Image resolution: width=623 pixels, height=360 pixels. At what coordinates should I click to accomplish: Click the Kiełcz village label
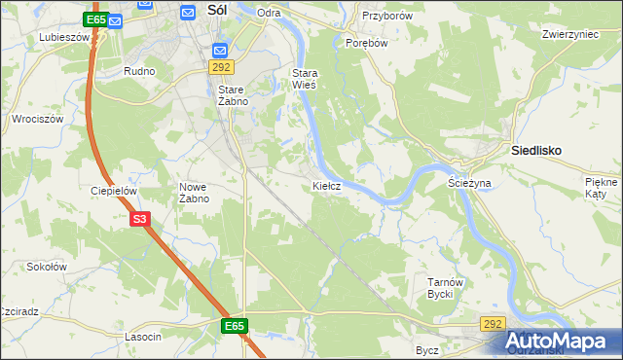click(326, 185)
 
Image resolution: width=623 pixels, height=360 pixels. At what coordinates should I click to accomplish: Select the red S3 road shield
click(140, 220)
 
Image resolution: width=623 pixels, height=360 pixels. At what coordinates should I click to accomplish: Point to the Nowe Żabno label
click(195, 192)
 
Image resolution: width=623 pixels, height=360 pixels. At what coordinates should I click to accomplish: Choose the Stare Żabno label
click(233, 94)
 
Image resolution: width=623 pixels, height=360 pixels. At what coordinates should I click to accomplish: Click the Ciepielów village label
click(112, 191)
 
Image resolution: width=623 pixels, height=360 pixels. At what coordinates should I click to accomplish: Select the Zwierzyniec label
click(569, 33)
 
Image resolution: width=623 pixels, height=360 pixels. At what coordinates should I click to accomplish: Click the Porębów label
click(367, 43)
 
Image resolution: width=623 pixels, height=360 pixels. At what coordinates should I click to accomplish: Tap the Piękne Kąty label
click(602, 189)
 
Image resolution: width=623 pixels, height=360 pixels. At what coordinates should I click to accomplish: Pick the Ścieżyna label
click(469, 182)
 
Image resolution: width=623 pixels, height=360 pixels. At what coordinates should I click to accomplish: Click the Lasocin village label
click(143, 336)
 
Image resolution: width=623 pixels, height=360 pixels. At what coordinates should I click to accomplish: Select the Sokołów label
click(46, 266)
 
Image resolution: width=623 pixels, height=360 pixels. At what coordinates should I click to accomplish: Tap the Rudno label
click(140, 72)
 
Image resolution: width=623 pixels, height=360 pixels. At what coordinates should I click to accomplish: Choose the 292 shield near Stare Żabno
click(221, 66)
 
